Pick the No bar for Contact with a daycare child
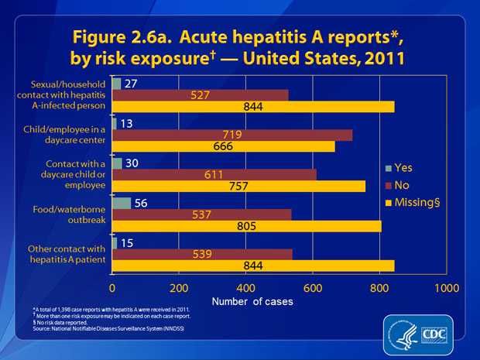point(214,174)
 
